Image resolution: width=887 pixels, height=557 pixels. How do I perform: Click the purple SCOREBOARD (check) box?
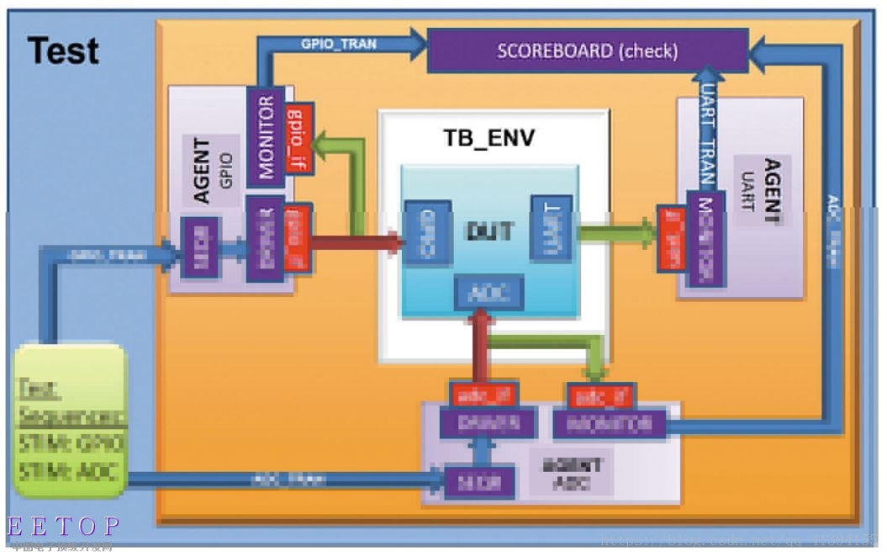(x=587, y=50)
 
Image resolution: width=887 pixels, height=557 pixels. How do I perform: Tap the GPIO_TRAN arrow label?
(x=339, y=44)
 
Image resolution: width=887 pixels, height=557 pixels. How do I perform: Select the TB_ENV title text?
(x=488, y=137)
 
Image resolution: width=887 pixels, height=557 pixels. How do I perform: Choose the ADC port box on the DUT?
(x=488, y=292)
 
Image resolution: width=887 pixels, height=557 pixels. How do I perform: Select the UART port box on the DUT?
(x=552, y=228)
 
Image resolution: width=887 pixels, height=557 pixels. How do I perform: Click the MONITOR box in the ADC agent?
(x=609, y=422)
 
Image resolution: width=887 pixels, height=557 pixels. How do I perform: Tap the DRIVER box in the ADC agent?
(x=487, y=422)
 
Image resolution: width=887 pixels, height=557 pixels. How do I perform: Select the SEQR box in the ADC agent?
(x=479, y=481)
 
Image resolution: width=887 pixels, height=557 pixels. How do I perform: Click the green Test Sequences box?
(x=71, y=419)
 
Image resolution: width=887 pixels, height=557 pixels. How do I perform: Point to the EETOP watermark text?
(x=63, y=527)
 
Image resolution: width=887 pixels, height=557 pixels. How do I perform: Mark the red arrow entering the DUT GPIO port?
(x=357, y=243)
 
